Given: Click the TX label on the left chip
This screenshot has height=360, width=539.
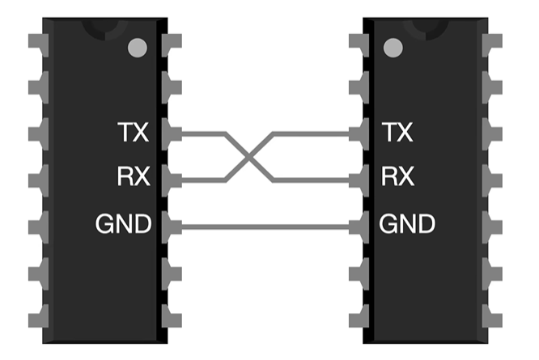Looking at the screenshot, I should click(x=134, y=132).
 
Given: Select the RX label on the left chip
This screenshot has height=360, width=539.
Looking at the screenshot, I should click(x=134, y=176).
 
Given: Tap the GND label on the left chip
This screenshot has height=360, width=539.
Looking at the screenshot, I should click(x=124, y=224).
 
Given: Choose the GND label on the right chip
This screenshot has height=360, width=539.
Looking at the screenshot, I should click(x=407, y=224).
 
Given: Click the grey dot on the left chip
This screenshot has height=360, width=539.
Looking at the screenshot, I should click(x=138, y=49).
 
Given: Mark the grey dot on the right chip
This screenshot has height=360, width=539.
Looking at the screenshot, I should click(x=393, y=49).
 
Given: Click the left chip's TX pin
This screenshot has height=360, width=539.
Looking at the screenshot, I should click(x=171, y=133).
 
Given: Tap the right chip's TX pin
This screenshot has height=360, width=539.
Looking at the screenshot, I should click(x=359, y=133).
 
